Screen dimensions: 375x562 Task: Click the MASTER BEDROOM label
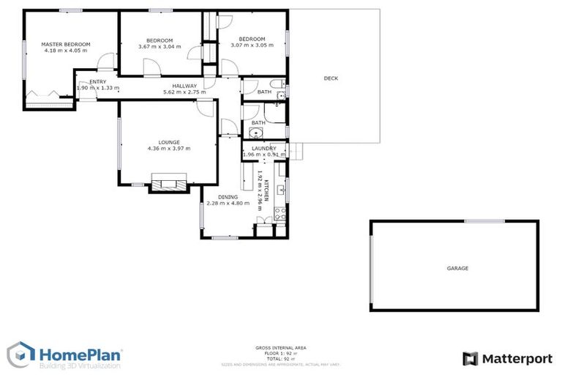65,44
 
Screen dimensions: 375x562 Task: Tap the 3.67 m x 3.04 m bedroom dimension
159,47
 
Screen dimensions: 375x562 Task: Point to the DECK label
331,78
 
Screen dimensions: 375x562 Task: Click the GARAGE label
457,268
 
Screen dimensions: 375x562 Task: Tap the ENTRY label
97,81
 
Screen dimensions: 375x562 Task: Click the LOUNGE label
169,142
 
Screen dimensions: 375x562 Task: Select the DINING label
228,197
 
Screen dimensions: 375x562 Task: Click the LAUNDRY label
263,148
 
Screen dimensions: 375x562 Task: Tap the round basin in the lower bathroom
255,133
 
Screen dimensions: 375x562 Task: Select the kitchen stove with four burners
279,214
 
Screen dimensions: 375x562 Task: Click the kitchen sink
281,190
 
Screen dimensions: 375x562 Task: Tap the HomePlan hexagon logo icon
21,355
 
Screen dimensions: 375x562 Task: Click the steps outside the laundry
296,150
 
